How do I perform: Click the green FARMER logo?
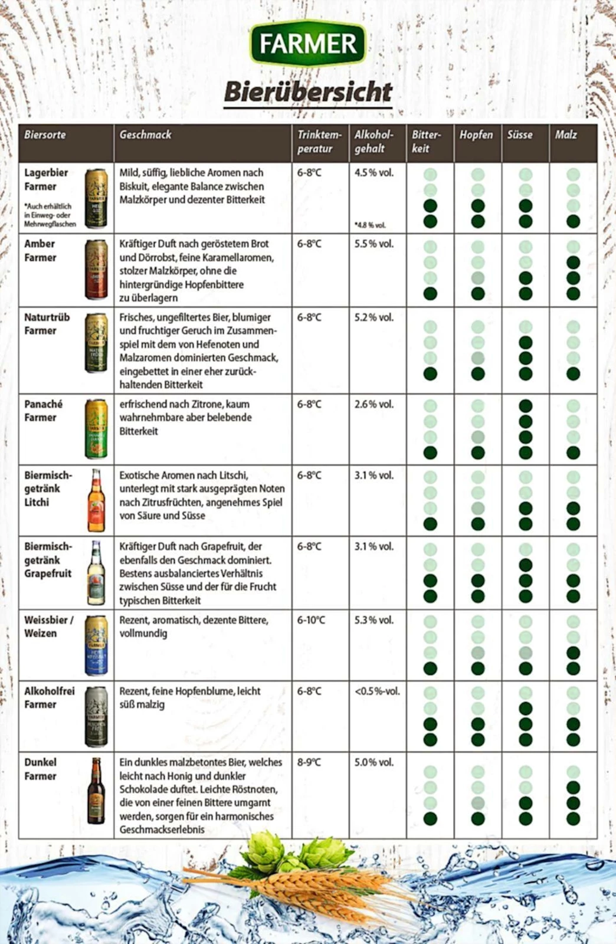point(307,43)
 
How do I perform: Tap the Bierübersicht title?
point(307,93)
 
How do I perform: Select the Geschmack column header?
point(145,135)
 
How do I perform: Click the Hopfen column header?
point(476,135)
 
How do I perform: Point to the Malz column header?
point(565,135)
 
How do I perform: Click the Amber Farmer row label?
point(40,251)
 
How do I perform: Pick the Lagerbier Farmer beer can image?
point(96,198)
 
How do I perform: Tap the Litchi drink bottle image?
point(96,500)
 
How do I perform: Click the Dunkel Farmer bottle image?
point(96,791)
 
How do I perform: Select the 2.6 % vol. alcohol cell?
point(373,404)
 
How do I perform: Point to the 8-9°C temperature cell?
point(309,762)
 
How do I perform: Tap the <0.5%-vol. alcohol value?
point(377,691)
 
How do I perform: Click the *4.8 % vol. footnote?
point(370,225)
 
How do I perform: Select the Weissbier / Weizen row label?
point(48,627)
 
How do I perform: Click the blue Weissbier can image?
point(96,645)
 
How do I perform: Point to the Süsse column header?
point(519,135)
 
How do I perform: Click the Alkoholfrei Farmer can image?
point(96,716)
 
